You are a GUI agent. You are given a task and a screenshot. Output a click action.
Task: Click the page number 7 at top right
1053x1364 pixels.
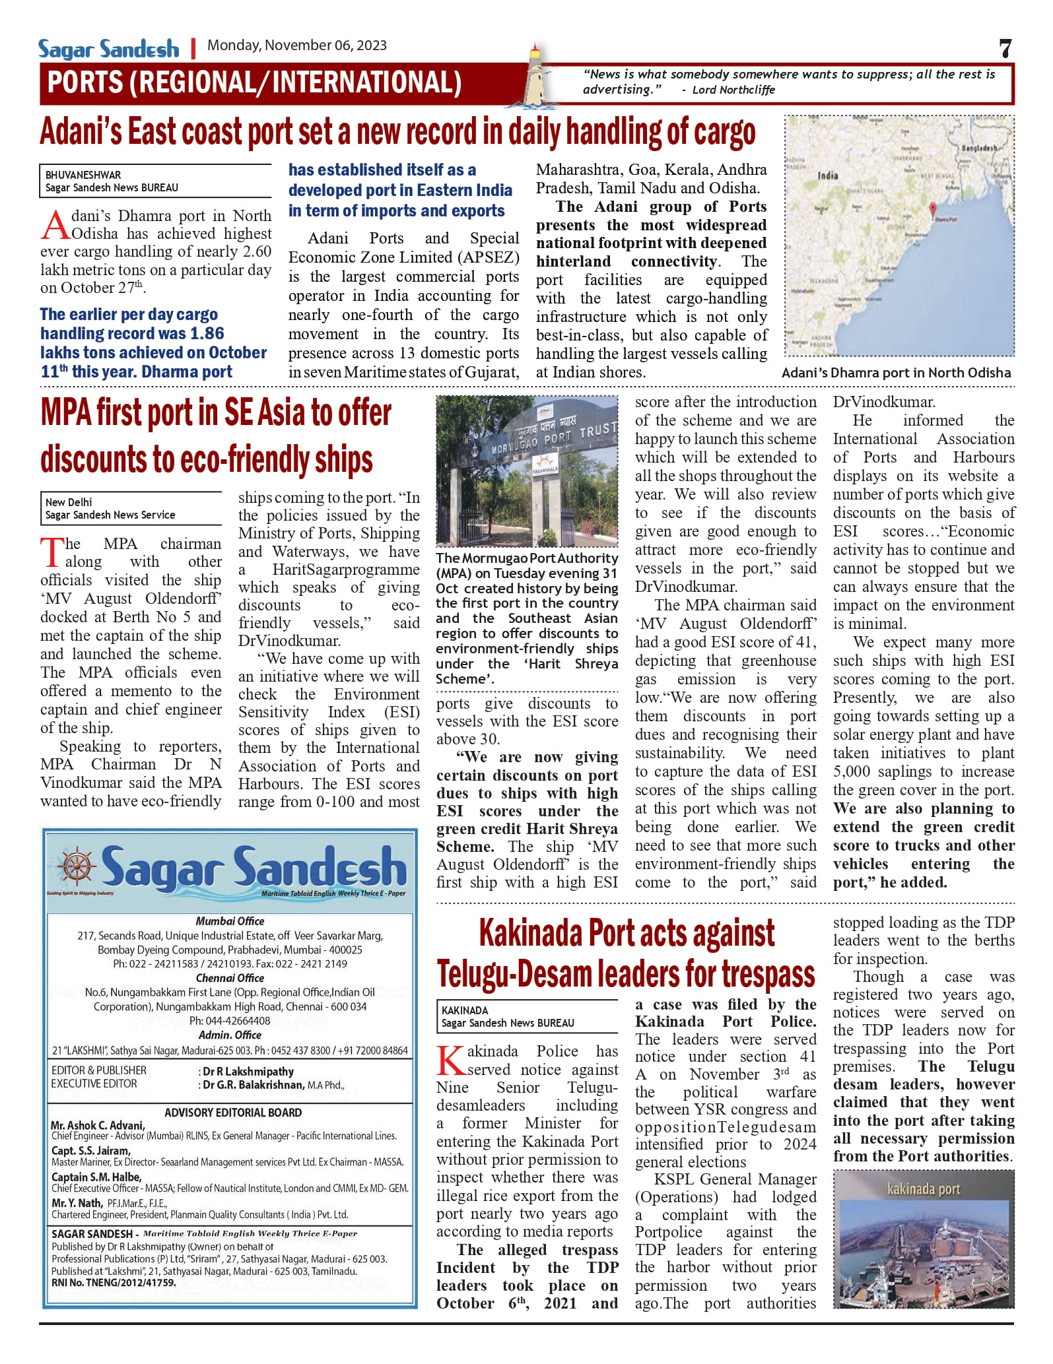tap(1005, 48)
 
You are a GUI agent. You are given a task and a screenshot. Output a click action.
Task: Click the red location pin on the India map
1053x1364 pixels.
tap(933, 210)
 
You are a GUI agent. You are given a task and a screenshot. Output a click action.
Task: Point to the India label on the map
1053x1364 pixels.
tap(828, 176)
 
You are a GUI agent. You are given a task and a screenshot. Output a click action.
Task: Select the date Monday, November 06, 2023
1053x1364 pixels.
tap(296, 46)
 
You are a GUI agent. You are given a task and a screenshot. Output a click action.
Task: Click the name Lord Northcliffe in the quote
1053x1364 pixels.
tap(733, 90)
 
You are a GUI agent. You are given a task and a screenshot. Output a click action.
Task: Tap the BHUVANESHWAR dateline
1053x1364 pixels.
tap(83, 175)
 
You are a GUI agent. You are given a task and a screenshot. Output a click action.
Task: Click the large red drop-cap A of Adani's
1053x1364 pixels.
tap(54, 225)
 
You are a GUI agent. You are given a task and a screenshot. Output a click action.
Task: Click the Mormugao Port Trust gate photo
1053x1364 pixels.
tap(527, 471)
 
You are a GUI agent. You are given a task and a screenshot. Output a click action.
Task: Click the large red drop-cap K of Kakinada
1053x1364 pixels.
tap(451, 1060)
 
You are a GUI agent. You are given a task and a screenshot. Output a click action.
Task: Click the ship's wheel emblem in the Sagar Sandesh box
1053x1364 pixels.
tap(77, 866)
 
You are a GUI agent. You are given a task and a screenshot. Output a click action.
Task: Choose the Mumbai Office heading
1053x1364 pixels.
tap(230, 921)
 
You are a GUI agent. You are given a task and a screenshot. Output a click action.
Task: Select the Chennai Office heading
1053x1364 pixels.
tap(230, 978)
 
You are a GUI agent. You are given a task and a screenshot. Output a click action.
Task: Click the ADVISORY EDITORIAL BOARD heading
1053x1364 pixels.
tap(233, 1113)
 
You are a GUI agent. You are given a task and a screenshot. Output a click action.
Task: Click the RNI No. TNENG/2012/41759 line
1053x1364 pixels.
tap(114, 1283)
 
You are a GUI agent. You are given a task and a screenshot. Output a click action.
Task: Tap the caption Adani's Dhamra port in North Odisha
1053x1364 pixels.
tap(896, 373)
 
